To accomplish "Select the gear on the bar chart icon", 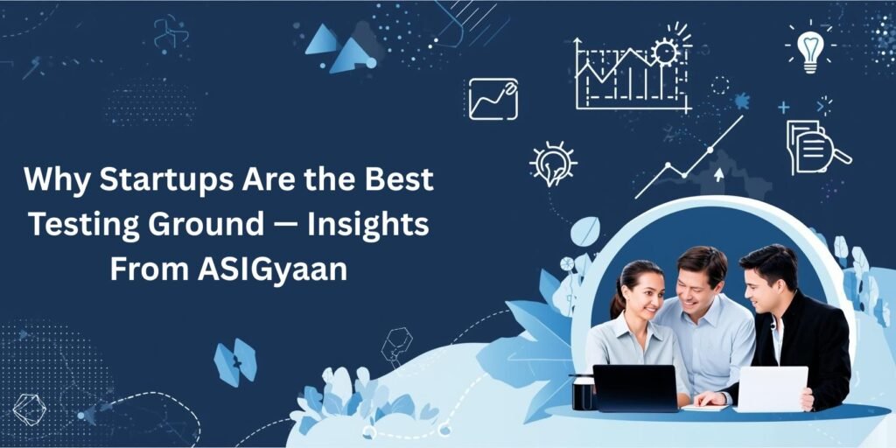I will (667, 52).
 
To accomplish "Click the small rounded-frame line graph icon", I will (493, 99).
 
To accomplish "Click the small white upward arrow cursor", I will (719, 174).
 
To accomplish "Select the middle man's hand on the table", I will (709, 398).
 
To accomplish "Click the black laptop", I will (635, 386).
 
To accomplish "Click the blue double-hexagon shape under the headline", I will (234, 361).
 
